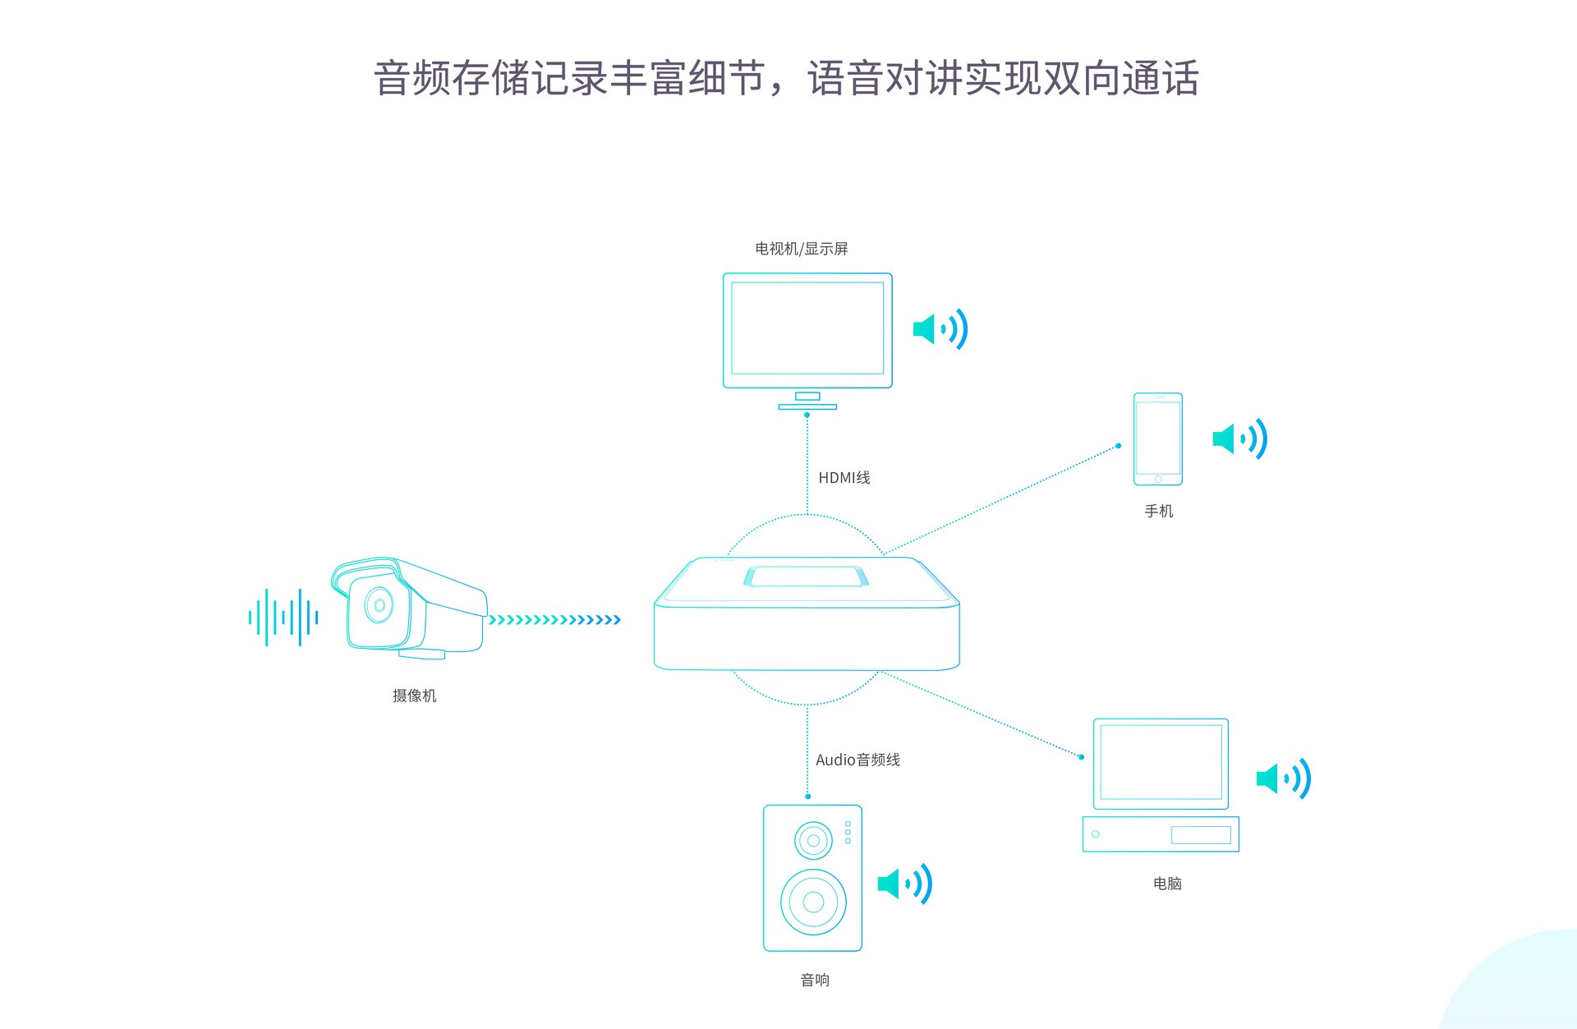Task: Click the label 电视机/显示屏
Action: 801,249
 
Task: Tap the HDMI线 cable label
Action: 844,478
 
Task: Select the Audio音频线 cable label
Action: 857,760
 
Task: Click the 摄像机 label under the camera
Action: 414,696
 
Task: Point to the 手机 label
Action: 1158,511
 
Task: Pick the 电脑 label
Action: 1167,884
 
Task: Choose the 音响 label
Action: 815,980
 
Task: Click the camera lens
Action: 379,605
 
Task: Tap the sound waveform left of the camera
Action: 283,617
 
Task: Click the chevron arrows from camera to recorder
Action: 554,619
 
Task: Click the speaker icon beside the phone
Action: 1239,439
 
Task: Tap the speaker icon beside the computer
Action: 1283,779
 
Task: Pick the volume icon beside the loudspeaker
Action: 904,884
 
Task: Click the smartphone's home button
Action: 1158,480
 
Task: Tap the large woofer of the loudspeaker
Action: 813,902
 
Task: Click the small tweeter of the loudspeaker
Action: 813,840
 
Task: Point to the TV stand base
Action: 807,406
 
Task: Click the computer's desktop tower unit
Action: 1160,834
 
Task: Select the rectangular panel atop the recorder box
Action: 806,577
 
